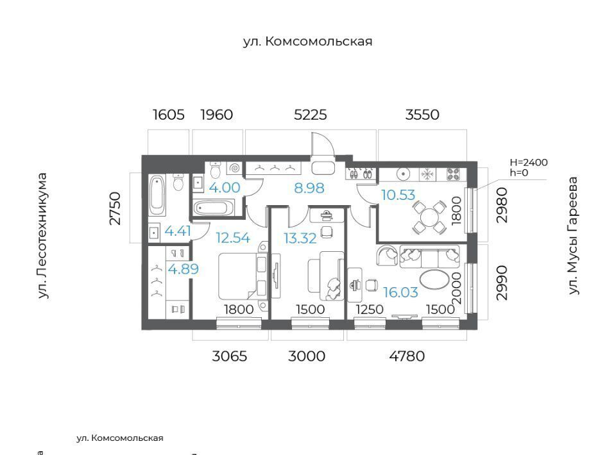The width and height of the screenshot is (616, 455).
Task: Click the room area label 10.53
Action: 398,195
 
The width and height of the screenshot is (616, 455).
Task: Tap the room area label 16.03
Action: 400,292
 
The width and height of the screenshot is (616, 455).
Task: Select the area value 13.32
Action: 300,238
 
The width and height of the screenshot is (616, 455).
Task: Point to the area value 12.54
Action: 232,238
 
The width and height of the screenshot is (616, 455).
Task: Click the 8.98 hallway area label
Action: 309,188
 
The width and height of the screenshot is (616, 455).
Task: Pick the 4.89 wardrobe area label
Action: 184,269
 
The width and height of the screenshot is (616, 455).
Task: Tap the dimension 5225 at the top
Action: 311,115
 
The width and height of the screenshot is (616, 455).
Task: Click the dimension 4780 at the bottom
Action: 407,356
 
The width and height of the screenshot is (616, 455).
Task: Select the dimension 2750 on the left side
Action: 115,208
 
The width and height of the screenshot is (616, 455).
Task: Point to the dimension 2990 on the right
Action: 502,283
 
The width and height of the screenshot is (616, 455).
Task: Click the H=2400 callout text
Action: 528,162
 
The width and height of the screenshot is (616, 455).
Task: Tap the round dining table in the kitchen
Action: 429,217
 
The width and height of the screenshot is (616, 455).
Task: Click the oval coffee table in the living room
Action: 434,279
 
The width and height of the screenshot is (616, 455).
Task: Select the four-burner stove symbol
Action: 454,174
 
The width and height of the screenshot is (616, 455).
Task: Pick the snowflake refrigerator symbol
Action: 426,174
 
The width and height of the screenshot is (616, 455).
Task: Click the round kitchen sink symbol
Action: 404,174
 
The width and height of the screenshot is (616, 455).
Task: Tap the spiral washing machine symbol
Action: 234,169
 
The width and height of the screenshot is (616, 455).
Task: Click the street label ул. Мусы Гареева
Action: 573,236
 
